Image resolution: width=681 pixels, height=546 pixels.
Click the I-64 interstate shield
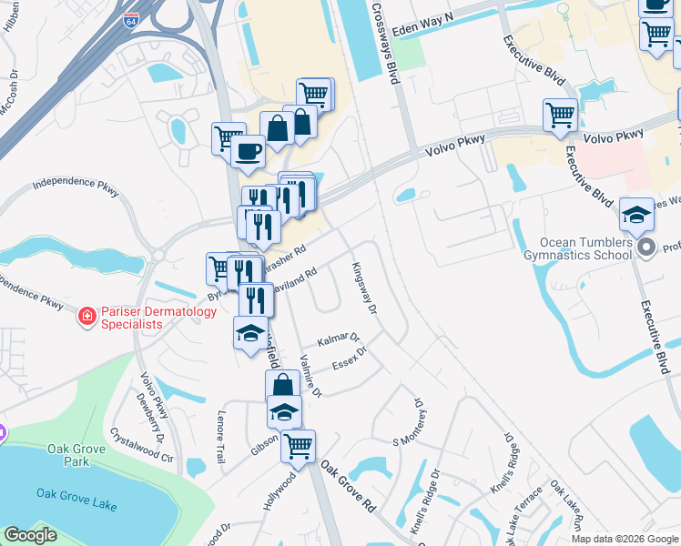click(131, 19)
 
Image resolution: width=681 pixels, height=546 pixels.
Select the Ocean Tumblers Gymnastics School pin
click(646, 248)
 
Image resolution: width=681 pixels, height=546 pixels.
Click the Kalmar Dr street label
click(339, 339)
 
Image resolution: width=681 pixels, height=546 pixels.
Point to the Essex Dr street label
click(349, 357)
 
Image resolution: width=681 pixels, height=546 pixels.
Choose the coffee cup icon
click(248, 151)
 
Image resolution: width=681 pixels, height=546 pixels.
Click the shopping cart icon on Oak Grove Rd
click(298, 446)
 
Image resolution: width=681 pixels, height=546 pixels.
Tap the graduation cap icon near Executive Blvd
click(636, 214)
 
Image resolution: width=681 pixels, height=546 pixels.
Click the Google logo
click(31, 535)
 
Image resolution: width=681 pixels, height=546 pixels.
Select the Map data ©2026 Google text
click(625, 539)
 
